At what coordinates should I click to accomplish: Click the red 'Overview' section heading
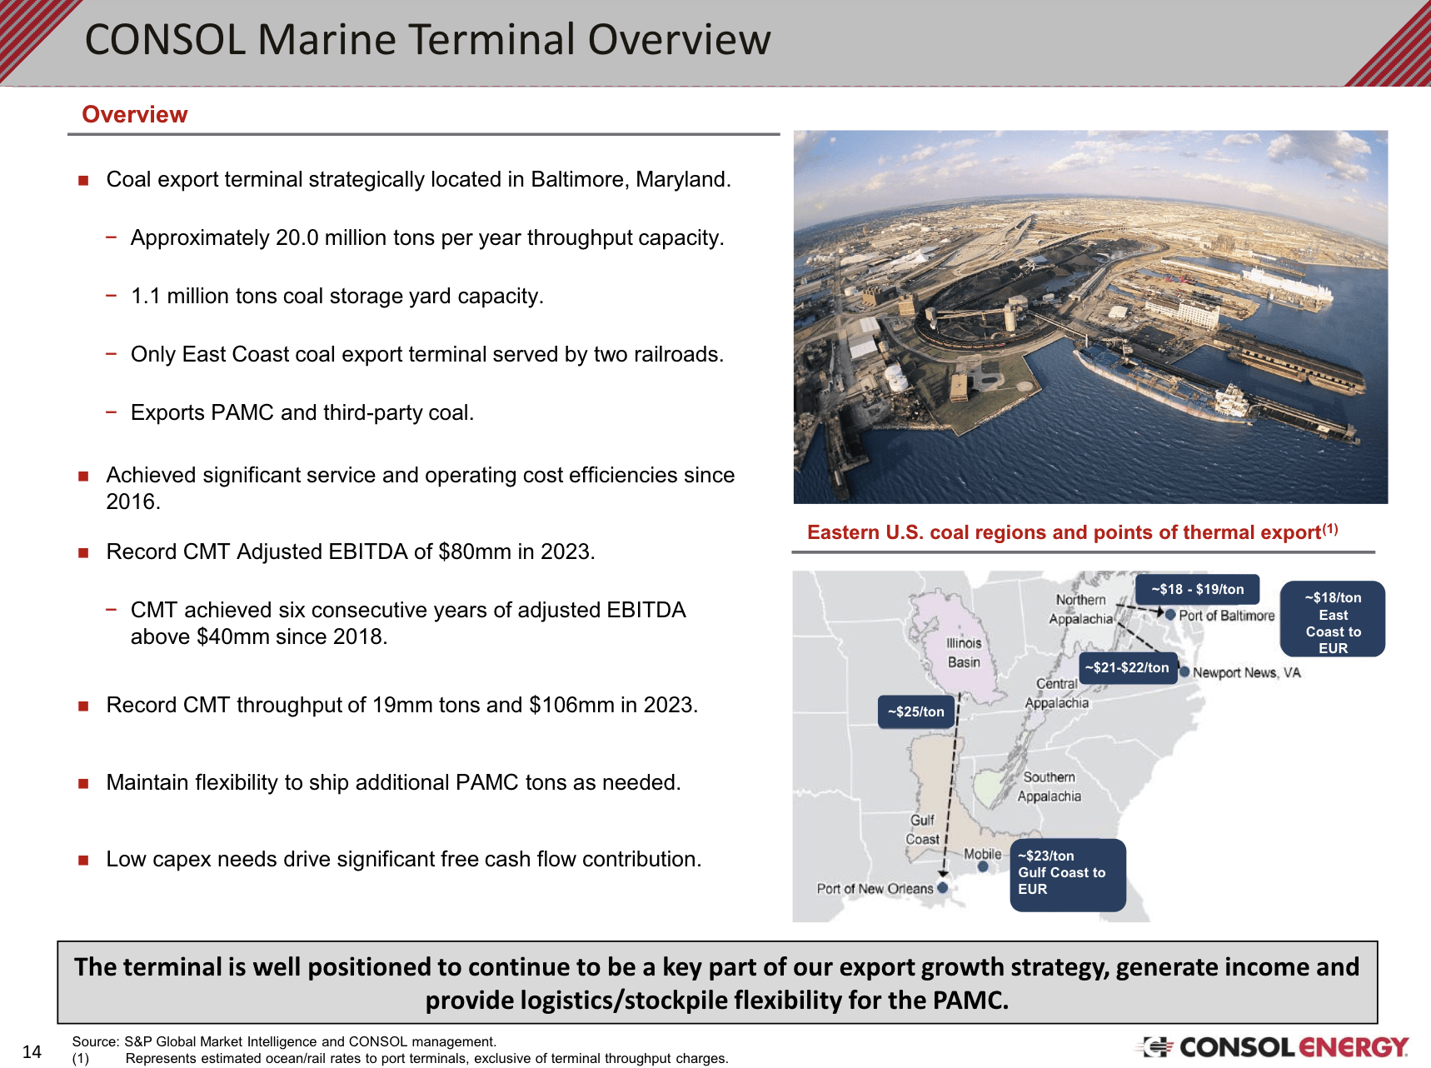pos(135,114)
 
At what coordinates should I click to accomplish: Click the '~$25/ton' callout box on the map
pos(915,711)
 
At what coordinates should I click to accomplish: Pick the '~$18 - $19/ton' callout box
pos(1197,589)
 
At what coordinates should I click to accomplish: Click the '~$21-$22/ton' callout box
pos(1127,667)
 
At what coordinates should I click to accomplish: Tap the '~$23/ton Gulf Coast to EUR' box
pos(1067,874)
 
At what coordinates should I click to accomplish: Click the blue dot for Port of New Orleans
pos(942,888)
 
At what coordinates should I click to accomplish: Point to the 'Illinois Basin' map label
pos(963,652)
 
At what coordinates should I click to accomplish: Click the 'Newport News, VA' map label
pos(1246,672)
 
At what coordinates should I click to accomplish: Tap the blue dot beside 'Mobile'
pos(983,866)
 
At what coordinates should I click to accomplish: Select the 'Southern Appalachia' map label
pos(1049,786)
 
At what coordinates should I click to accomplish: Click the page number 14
pos(32,1051)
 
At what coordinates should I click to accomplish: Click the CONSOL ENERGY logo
pos(1275,1046)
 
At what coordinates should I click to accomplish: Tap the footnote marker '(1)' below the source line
pos(80,1059)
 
